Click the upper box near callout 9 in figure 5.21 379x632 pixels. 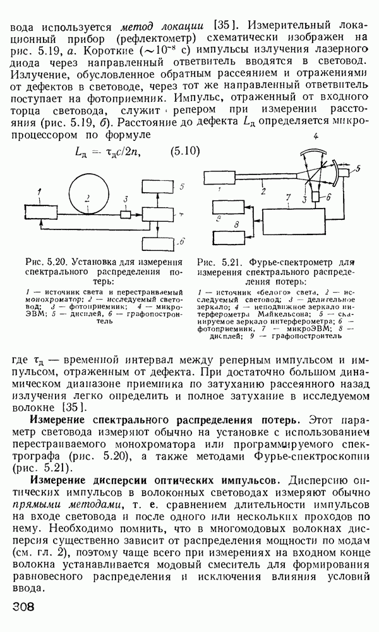(x=230, y=205)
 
